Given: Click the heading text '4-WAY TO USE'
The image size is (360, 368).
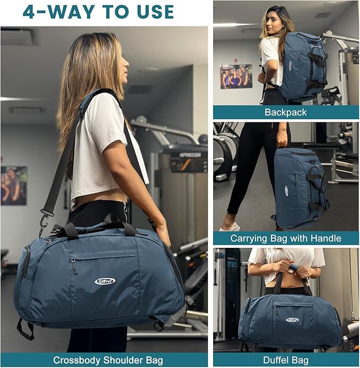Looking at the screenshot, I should [98, 12].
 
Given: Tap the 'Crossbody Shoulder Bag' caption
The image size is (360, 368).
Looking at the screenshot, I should [104, 361].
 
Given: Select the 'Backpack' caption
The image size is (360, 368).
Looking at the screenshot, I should [286, 112].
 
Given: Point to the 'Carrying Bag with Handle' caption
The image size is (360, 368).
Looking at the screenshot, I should [286, 238].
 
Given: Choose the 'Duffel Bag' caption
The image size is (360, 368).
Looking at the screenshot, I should [286, 361].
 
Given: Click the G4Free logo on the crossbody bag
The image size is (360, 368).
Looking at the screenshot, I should [105, 281].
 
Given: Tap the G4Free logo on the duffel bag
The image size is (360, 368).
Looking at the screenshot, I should [292, 320].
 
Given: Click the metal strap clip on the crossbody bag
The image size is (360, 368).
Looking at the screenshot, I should [43, 217].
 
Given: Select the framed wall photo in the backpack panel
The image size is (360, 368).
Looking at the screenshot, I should [236, 76].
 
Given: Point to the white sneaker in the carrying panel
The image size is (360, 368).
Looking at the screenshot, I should [230, 227].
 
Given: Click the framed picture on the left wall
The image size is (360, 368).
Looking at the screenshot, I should [13, 185].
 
